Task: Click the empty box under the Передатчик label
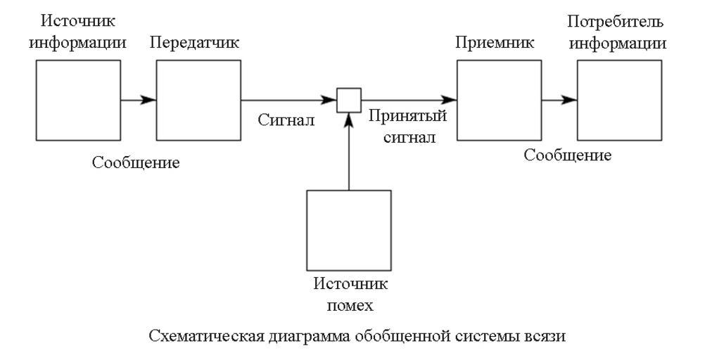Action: pyautogui.click(x=198, y=100)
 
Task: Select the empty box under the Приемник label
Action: pyautogui.click(x=499, y=100)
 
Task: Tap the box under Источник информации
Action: pyautogui.click(x=78, y=100)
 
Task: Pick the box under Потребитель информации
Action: pyautogui.click(x=619, y=100)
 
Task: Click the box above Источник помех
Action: pyautogui.click(x=349, y=231)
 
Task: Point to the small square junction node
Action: pyautogui.click(x=349, y=100)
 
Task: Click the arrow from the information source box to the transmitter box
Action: pyautogui.click(x=139, y=100)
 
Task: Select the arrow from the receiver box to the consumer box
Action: pyautogui.click(x=559, y=100)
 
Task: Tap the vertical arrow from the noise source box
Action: pyautogui.click(x=349, y=151)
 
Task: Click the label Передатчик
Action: pyautogui.click(x=195, y=42)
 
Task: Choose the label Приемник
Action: pyautogui.click(x=495, y=42)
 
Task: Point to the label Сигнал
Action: pyautogui.click(x=285, y=120)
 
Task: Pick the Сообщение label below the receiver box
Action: pyautogui.click(x=568, y=155)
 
